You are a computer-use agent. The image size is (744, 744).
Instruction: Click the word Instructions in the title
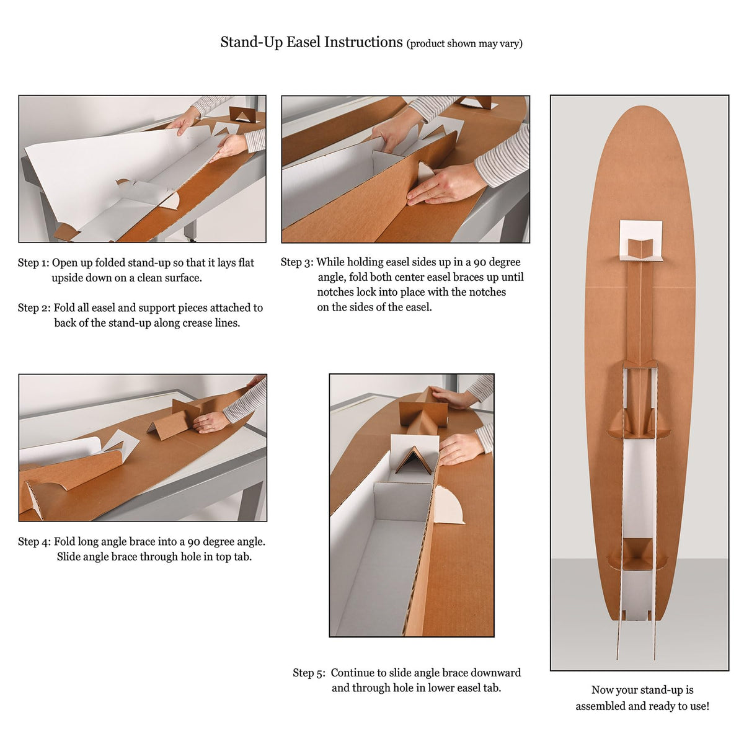pyautogui.click(x=363, y=42)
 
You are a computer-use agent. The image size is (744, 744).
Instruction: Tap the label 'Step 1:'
pyautogui.click(x=33, y=263)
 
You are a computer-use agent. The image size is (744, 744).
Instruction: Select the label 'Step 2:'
pyautogui.click(x=34, y=308)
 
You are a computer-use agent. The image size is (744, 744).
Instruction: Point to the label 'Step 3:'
pyautogui.click(x=297, y=262)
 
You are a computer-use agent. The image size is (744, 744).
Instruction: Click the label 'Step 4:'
pyautogui.click(x=34, y=542)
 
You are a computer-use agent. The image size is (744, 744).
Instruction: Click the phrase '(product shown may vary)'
pyautogui.click(x=464, y=43)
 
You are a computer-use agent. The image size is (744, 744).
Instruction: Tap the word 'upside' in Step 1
pyautogui.click(x=68, y=278)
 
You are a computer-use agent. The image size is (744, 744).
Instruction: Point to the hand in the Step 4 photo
pyautogui.click(x=210, y=422)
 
